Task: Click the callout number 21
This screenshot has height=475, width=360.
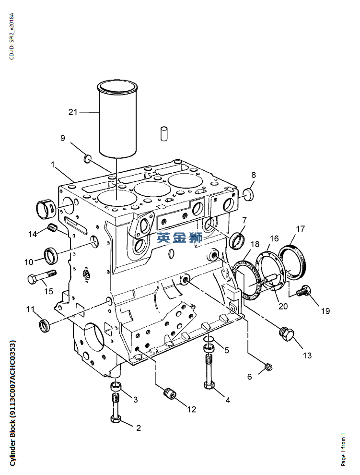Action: tap(73, 112)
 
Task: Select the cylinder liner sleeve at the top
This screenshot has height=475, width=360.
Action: tap(117, 119)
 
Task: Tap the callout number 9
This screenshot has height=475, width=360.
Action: tap(63, 138)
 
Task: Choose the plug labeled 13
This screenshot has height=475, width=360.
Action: tap(287, 334)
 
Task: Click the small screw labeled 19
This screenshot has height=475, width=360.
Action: tap(304, 290)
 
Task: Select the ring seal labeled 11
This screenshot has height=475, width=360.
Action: tap(46, 326)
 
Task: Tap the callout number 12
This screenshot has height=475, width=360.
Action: tap(192, 409)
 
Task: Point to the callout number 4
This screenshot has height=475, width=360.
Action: tap(228, 400)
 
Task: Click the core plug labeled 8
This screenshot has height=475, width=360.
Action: tap(248, 194)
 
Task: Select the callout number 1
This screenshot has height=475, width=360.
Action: tap(53, 165)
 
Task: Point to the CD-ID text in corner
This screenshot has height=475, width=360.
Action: tap(12, 36)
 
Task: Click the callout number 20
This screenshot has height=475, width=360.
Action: tap(283, 306)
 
